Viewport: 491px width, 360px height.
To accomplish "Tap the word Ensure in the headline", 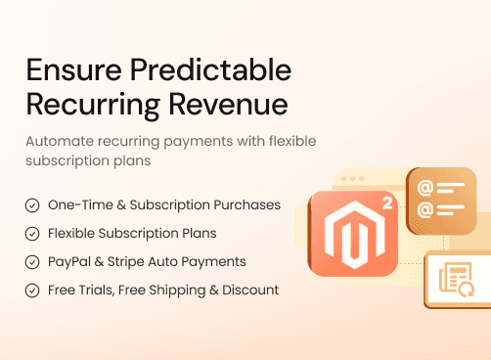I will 68,69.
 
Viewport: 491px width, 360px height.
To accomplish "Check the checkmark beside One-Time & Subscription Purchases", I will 32,205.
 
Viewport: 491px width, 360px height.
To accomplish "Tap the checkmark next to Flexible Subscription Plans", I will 32,234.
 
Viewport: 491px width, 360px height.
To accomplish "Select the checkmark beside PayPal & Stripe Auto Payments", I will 32,262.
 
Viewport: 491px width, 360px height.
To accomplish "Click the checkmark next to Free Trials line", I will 32,291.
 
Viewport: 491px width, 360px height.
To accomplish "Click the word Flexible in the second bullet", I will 71,234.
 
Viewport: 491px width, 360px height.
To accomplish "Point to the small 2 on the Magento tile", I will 386,205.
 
